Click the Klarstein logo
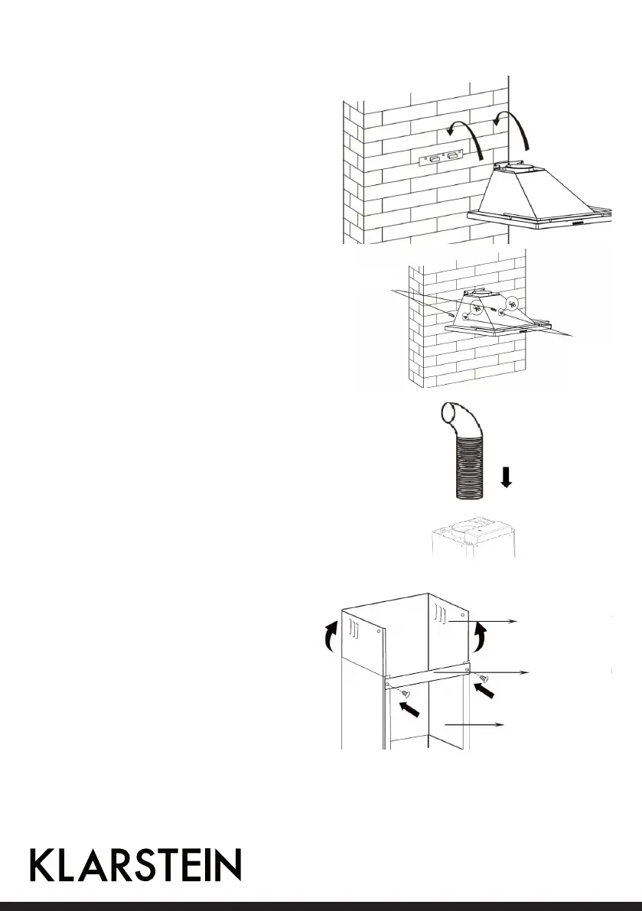point(135,865)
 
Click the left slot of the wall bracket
point(434,159)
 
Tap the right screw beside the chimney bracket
point(483,678)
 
